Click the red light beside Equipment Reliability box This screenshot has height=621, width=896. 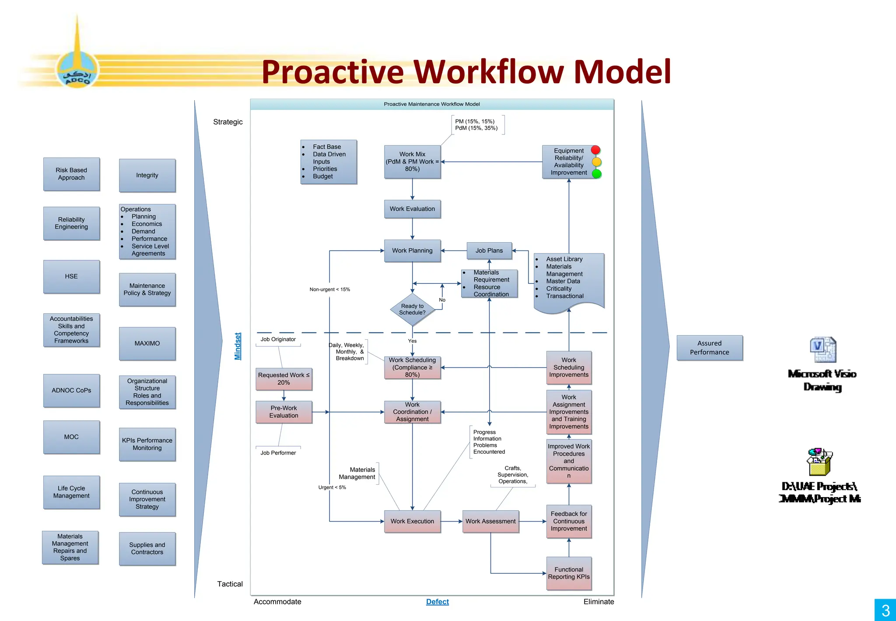coord(595,150)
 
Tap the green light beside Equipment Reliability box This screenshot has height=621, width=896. coord(596,174)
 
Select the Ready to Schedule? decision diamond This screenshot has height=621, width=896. coord(412,309)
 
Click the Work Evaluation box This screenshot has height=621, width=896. coord(412,209)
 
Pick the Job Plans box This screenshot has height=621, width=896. coord(489,251)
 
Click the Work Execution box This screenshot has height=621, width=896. coord(412,521)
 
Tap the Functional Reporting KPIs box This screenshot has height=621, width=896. coord(569,573)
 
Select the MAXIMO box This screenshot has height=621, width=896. coord(147,343)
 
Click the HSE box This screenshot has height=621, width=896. coord(71,276)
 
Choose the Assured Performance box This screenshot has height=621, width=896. coord(709,348)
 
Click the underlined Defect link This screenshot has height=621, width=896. coord(437,602)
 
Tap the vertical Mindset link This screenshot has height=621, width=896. coord(238,346)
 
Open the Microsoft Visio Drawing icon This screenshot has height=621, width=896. coord(822,350)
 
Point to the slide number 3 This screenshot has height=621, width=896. coord(885,610)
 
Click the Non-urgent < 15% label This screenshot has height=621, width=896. coord(330,289)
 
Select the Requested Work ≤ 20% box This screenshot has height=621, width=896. coord(283,379)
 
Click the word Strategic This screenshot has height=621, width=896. coord(227,122)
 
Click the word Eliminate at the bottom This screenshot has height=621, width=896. coord(598,602)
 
